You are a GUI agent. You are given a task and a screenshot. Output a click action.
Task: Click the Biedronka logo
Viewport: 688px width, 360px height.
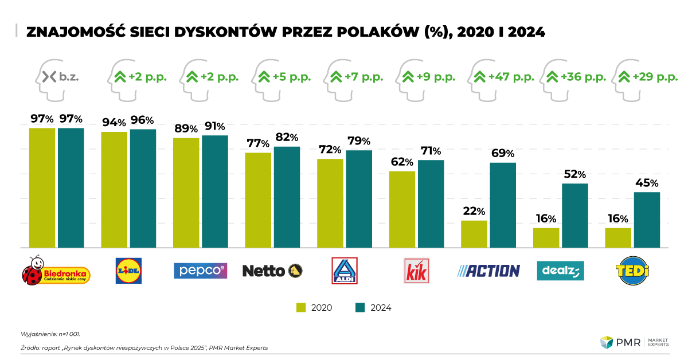click(56, 271)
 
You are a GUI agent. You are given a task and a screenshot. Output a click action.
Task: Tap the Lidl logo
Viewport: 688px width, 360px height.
click(129, 271)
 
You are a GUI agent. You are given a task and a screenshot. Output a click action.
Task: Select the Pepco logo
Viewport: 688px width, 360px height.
click(200, 271)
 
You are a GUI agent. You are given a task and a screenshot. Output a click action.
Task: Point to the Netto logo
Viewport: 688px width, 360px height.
click(272, 271)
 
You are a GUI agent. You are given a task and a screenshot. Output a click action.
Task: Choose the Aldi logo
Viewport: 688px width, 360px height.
click(345, 271)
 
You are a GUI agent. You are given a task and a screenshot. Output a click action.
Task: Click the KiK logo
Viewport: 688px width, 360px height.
click(416, 271)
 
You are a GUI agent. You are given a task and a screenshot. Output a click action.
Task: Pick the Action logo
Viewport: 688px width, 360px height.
click(488, 271)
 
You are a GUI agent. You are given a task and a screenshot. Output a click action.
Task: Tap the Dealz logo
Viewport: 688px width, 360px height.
click(560, 271)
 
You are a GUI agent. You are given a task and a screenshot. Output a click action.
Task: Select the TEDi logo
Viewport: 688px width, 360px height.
click(632, 271)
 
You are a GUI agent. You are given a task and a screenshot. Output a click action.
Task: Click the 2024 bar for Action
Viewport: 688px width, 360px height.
click(503, 205)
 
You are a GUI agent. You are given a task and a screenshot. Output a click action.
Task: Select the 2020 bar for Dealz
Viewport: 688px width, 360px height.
click(546, 238)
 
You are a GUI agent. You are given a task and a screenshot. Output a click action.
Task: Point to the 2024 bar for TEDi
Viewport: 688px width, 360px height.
click(647, 220)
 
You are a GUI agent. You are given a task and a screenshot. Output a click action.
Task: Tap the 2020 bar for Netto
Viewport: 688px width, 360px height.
click(258, 200)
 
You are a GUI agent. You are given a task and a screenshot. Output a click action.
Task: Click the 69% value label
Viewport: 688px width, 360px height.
click(503, 154)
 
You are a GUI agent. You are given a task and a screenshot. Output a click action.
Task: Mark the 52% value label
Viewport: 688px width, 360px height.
click(575, 174)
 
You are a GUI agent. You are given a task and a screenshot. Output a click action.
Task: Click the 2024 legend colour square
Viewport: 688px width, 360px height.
click(360, 307)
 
